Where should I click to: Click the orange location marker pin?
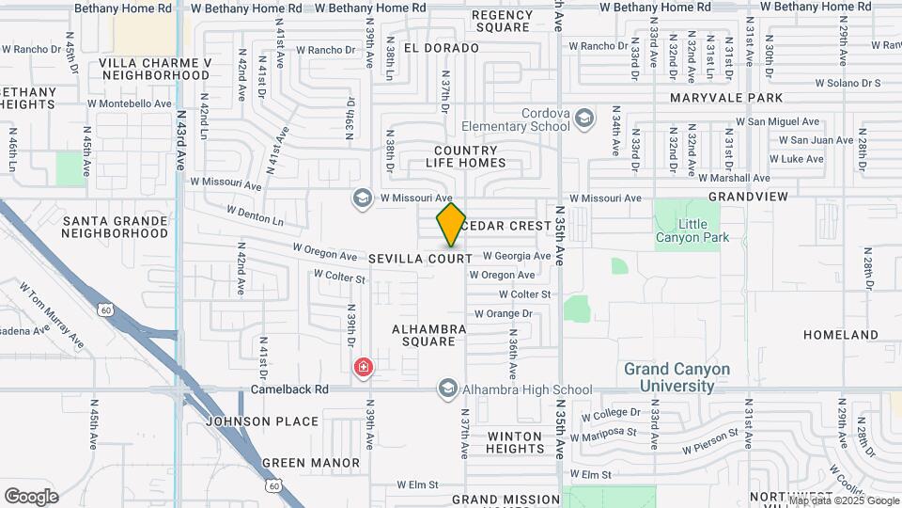pyautogui.click(x=451, y=225)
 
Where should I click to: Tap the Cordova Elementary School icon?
pyautogui.click(x=584, y=118)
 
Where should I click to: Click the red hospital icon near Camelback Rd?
pyautogui.click(x=363, y=367)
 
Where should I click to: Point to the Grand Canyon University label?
pyautogui.click(x=676, y=377)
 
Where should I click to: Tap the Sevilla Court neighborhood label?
pyautogui.click(x=420, y=258)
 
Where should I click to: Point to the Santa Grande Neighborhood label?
pyautogui.click(x=116, y=227)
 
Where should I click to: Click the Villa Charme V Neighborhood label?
pyautogui.click(x=154, y=69)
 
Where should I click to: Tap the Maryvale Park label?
pyautogui.click(x=726, y=98)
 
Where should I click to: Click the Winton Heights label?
pyautogui.click(x=515, y=443)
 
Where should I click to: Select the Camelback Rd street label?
pyautogui.click(x=289, y=389)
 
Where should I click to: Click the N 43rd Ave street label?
pyautogui.click(x=181, y=137)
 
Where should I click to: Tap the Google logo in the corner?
pyautogui.click(x=31, y=497)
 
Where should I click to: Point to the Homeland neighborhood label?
pyautogui.click(x=841, y=335)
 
